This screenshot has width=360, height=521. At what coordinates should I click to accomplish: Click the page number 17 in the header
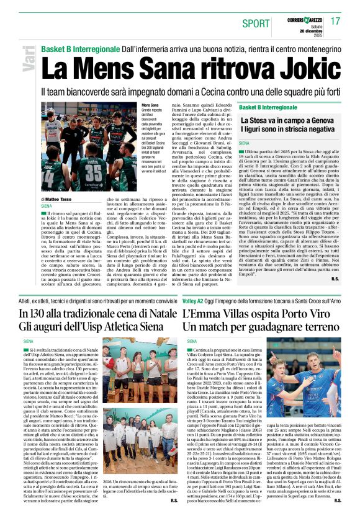pyautogui.click(x=336, y=22)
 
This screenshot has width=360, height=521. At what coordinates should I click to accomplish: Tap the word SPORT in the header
pyautogui.click(x=256, y=24)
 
